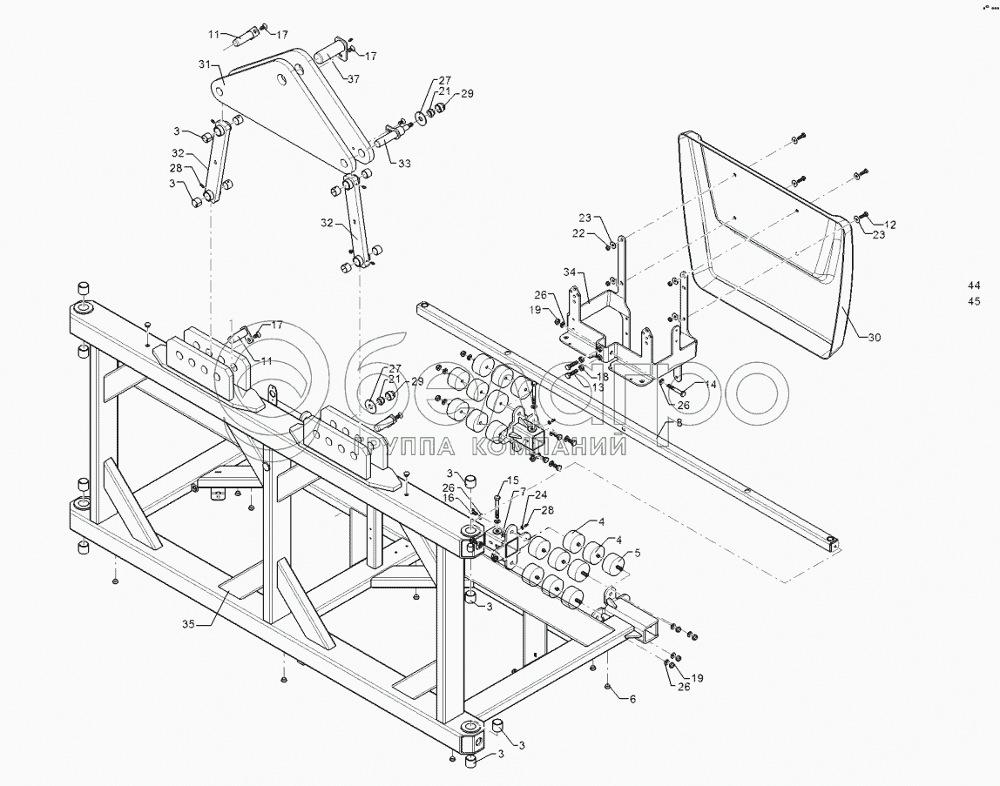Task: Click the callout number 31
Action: point(205,64)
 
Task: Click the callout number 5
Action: point(637,552)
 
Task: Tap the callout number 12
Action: point(890,225)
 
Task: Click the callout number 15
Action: point(513,480)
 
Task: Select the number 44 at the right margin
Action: point(973,286)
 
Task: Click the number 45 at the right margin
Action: point(973,302)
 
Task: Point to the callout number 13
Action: point(598,388)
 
